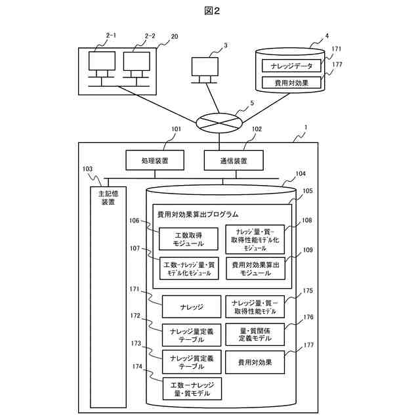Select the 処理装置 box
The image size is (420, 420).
coord(154,159)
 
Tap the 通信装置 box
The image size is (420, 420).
coord(234,159)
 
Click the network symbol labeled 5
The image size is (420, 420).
coord(219,122)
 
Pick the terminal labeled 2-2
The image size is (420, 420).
coord(135,64)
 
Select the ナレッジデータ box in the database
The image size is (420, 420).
coord(291,66)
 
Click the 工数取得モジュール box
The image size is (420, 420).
coord(189,240)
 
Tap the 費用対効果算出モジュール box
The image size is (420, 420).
coord(256,268)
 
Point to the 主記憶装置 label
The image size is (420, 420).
coord(108,198)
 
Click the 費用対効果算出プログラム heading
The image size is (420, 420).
coord(198,215)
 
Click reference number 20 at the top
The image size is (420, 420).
coord(175,37)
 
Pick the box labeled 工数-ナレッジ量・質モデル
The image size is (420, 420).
coord(191,388)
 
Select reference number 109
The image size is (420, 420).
coord(307,250)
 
